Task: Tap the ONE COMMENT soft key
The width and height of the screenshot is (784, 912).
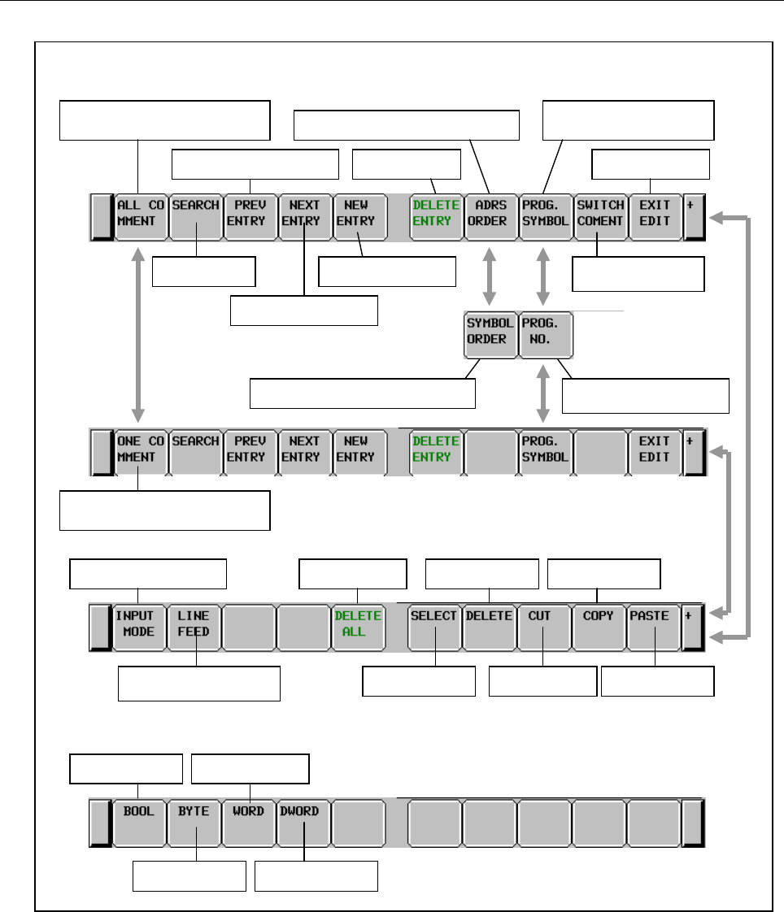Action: click(x=140, y=450)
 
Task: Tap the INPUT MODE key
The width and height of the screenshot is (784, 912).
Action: click(x=140, y=625)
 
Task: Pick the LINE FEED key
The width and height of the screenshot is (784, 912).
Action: click(x=194, y=625)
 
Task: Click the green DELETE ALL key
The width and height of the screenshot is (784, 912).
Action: click(x=358, y=625)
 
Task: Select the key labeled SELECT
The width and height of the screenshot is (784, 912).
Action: click(x=434, y=625)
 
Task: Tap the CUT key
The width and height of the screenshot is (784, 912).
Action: click(x=543, y=625)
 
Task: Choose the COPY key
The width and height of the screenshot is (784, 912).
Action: click(x=599, y=625)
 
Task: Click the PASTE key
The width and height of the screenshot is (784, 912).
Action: click(x=654, y=625)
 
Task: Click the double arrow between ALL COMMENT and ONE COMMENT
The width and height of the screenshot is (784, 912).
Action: click(x=140, y=333)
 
